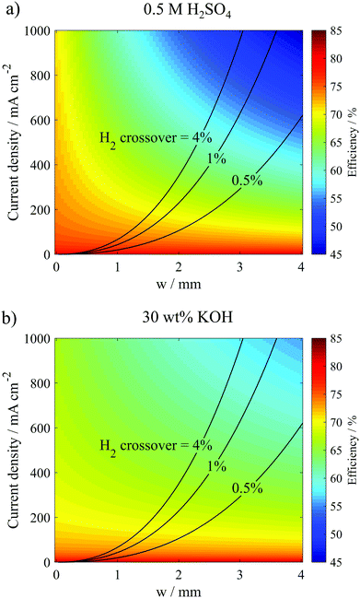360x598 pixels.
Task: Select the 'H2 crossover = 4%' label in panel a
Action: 155,137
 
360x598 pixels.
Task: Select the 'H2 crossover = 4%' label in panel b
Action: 155,444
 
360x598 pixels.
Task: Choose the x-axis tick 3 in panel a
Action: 239,267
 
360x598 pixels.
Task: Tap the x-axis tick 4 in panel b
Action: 300,573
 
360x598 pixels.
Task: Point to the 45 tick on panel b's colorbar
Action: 337,560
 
